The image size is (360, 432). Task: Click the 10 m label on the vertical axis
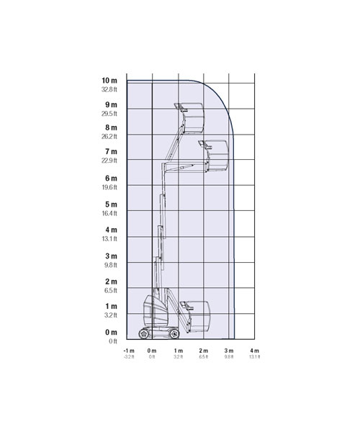pos(109,81)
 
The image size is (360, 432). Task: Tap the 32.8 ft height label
pos(109,89)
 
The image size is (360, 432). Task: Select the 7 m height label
pos(111,151)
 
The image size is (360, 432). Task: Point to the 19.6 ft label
pos(109,187)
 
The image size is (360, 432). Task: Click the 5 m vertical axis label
pos(111,204)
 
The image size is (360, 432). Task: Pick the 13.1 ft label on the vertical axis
pos(109,238)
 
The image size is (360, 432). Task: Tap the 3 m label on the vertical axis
pos(111,256)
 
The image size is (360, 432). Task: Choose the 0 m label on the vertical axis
pos(111,332)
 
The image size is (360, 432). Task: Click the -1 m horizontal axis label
pos(129,351)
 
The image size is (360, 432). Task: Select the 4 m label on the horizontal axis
pos(254,351)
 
